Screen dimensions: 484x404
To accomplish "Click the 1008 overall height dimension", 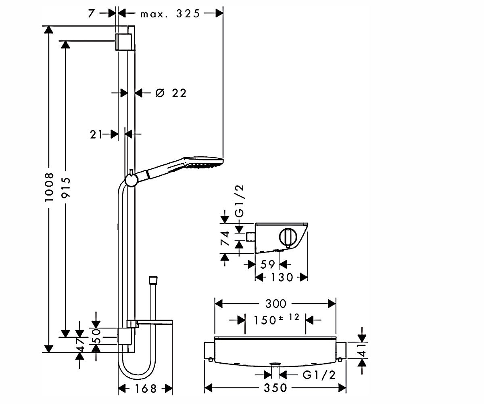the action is tap(49, 187).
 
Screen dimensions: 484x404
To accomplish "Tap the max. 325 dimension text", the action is tap(170, 14).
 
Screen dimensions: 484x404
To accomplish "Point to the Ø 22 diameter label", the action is tap(171, 93).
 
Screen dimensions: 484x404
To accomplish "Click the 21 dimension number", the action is tap(96, 135).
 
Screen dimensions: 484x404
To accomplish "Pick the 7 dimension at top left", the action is tap(91, 13).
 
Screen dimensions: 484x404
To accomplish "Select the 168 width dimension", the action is tap(146, 389).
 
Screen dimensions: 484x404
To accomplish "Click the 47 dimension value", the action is tap(80, 345).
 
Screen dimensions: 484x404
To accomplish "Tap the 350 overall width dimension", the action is tap(275, 388).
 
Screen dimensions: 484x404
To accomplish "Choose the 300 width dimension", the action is tap(275, 304).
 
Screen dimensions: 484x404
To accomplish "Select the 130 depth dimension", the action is tap(282, 277).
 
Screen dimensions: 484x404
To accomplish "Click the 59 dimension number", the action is tap(267, 264).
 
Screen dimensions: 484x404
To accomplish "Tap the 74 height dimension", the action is tap(225, 238).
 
